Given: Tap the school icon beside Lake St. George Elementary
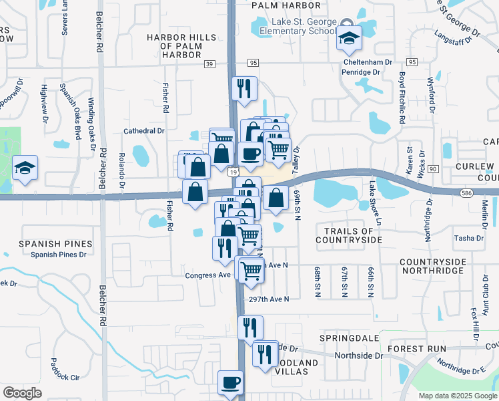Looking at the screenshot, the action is [x=348, y=39].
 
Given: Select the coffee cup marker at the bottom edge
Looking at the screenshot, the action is [x=231, y=384].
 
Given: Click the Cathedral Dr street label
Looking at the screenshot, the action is [x=144, y=132].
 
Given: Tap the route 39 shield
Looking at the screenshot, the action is [x=210, y=63].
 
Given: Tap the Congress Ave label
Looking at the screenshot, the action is [x=208, y=275].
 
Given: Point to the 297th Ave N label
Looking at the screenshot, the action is [x=268, y=299].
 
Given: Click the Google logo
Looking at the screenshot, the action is [x=23, y=393].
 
